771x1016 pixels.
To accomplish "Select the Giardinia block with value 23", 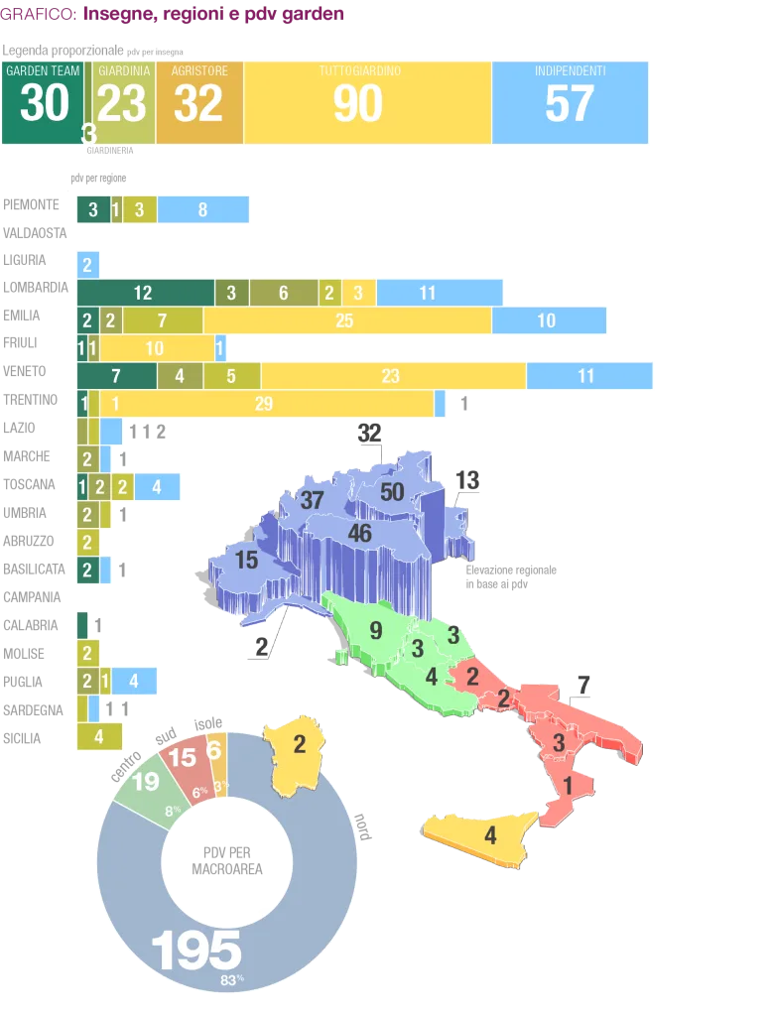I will [x=124, y=103].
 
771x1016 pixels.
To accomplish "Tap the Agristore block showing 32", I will [x=199, y=103].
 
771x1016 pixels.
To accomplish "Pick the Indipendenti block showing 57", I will [x=570, y=103].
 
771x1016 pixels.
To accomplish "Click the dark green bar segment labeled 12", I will [x=144, y=293].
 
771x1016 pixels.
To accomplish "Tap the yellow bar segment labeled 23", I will [x=392, y=376].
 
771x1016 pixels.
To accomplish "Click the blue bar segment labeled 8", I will [x=203, y=209].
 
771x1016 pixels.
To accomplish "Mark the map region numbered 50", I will [x=392, y=491].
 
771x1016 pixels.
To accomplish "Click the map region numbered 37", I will [x=313, y=500].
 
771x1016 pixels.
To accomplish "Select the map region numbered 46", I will [x=359, y=534].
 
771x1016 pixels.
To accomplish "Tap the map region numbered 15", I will [x=245, y=561].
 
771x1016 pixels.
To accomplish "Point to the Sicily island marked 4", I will [x=490, y=836].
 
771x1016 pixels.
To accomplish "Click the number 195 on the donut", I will [x=196, y=952].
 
